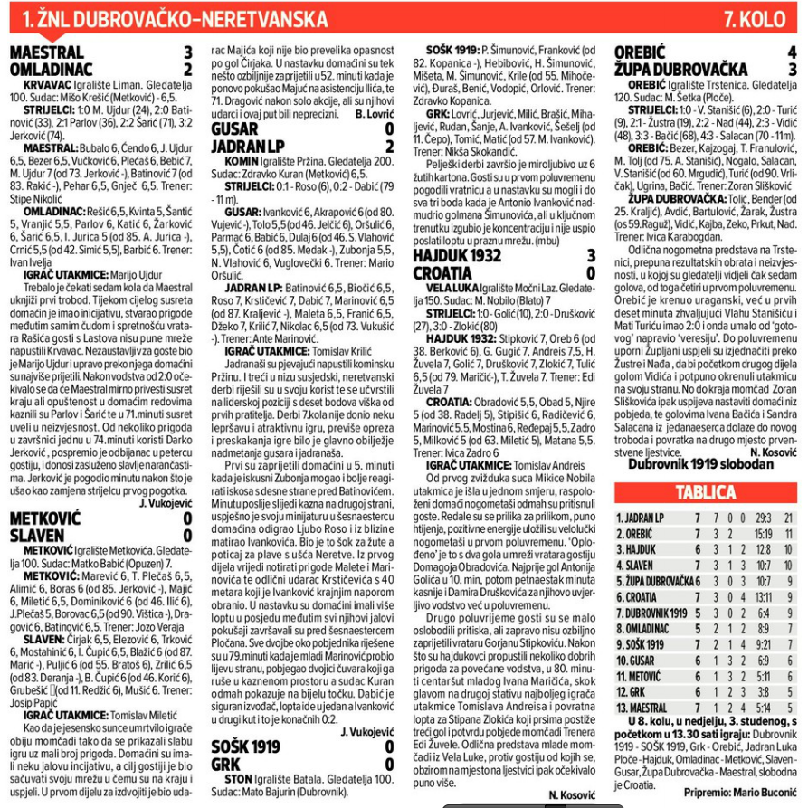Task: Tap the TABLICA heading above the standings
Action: [705, 492]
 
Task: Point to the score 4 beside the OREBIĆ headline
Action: [792, 53]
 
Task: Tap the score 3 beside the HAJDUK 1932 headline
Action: [591, 256]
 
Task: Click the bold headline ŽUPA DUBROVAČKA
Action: [680, 69]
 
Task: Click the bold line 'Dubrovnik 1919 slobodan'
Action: [700, 464]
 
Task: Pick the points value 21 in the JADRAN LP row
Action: [787, 518]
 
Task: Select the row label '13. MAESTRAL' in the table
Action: [645, 707]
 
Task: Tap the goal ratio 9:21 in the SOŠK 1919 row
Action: [762, 644]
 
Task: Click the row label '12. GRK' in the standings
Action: [633, 691]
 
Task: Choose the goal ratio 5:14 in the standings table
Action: [762, 707]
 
